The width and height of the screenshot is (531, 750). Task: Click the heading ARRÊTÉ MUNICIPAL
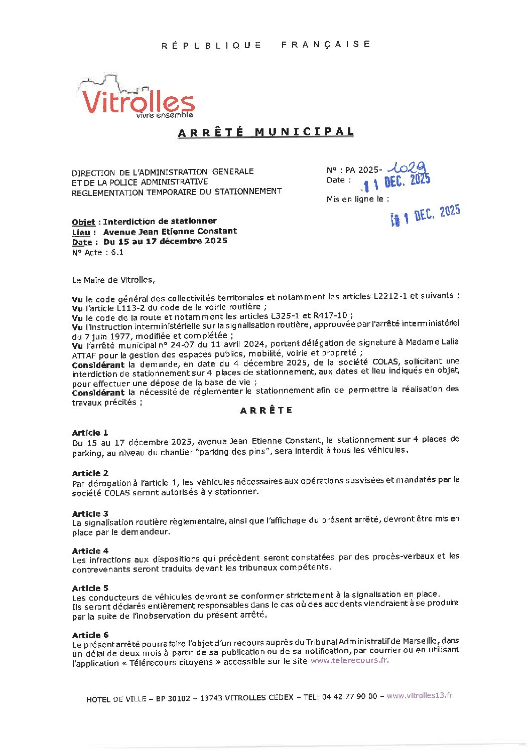click(x=266, y=132)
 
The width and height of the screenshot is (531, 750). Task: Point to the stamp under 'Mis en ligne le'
click(x=426, y=215)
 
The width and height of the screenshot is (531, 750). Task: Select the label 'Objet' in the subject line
click(x=83, y=222)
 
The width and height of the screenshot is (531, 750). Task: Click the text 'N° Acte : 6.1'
click(x=97, y=253)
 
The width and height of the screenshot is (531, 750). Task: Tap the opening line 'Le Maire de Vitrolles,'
click(x=113, y=280)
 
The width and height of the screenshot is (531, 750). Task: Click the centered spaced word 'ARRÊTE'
click(x=266, y=411)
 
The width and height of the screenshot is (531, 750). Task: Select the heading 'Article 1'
click(x=90, y=433)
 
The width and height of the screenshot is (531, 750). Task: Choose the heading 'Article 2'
click(x=90, y=473)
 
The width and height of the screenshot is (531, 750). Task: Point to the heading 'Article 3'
click(x=90, y=514)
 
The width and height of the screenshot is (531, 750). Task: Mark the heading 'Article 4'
click(x=90, y=551)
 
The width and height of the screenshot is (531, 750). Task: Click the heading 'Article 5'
click(x=90, y=588)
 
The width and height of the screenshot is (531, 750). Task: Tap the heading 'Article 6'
click(x=90, y=635)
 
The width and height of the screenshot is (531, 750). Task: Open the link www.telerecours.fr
click(x=349, y=661)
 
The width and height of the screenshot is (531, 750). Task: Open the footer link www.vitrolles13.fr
click(x=420, y=696)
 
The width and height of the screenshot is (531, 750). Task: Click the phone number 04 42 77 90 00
click(x=349, y=696)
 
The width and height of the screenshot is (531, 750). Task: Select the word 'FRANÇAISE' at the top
click(x=326, y=45)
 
